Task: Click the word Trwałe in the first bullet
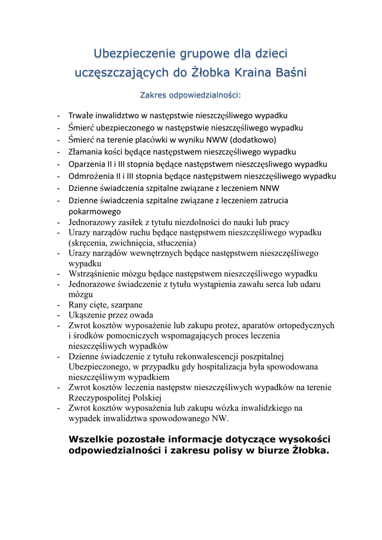[82, 115]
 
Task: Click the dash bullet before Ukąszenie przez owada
[61, 315]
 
